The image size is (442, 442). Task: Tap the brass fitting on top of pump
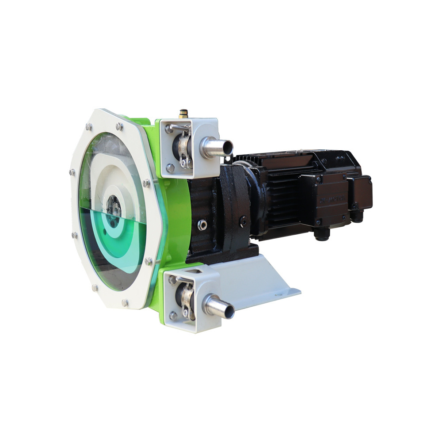[x=183, y=114]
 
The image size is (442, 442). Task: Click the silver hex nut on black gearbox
[x=202, y=225]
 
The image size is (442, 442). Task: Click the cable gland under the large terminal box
[x=321, y=234]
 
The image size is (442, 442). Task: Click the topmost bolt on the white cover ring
[x=119, y=126]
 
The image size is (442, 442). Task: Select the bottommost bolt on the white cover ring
[x=125, y=303]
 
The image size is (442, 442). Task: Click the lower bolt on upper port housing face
[x=170, y=168]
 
